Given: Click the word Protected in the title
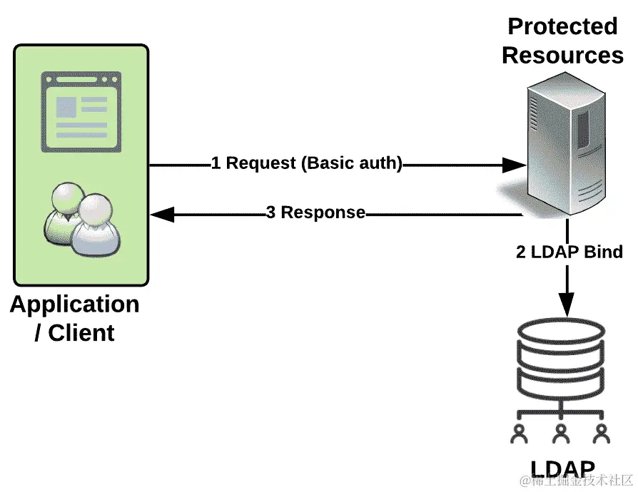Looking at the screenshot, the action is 562,27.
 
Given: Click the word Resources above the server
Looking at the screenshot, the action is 562,56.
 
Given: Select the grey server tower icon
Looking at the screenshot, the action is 567,143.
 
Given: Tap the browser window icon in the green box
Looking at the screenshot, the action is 81,112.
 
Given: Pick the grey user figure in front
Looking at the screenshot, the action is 96,225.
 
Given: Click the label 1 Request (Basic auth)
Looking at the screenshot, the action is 306,163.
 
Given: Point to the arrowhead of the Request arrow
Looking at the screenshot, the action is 515,165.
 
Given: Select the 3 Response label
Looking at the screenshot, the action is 315,212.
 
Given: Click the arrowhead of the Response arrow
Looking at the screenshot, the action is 162,215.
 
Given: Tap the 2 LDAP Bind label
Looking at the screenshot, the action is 569,252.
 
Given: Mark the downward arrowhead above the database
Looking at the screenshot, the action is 567,304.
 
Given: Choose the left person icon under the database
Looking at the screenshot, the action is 520,434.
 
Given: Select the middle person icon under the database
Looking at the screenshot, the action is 561,434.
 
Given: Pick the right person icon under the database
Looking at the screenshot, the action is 602,434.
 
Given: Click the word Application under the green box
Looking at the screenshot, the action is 74,305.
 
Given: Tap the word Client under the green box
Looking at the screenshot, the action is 81,333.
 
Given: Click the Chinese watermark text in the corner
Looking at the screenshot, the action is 576,480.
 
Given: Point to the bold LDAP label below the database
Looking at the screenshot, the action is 563,468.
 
